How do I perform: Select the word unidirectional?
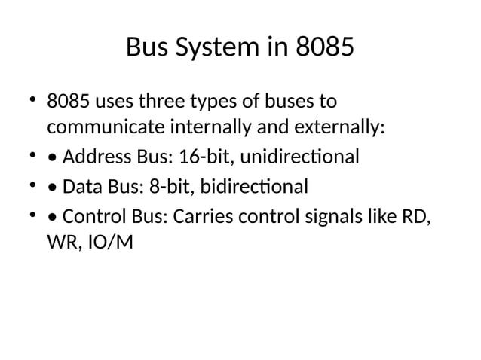(x=299, y=157)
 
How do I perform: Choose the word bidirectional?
(x=252, y=186)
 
